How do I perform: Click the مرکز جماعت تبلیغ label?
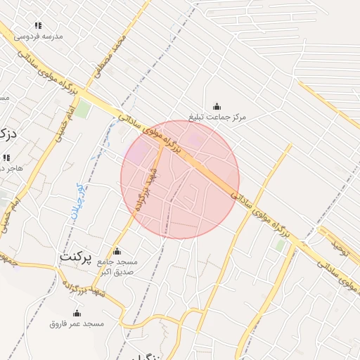tap(217, 116)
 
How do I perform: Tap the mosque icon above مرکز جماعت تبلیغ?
tap(216, 105)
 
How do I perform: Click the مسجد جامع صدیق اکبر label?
tap(118, 266)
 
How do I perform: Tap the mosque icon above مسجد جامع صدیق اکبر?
tap(117, 251)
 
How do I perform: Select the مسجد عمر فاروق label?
tap(77, 323)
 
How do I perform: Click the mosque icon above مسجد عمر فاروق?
tap(76, 313)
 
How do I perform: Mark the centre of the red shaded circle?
tap(180, 179)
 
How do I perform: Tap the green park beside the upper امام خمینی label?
tap(84, 108)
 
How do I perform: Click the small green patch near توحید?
tap(281, 245)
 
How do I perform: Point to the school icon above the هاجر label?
tap(6, 157)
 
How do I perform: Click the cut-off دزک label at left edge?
tap(7, 132)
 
